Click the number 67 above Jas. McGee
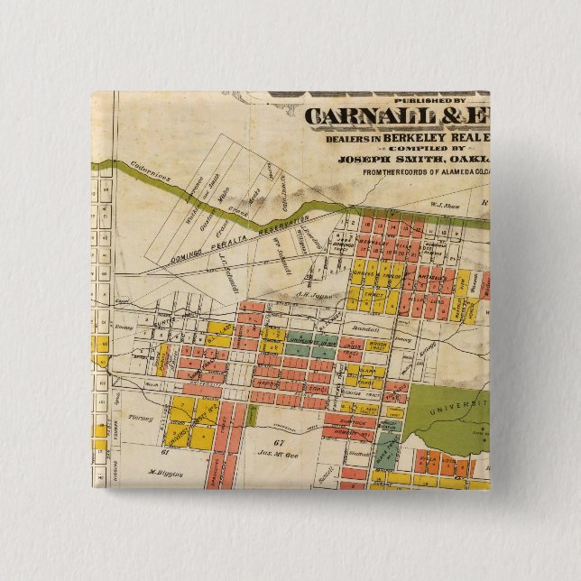coord(278,442)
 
